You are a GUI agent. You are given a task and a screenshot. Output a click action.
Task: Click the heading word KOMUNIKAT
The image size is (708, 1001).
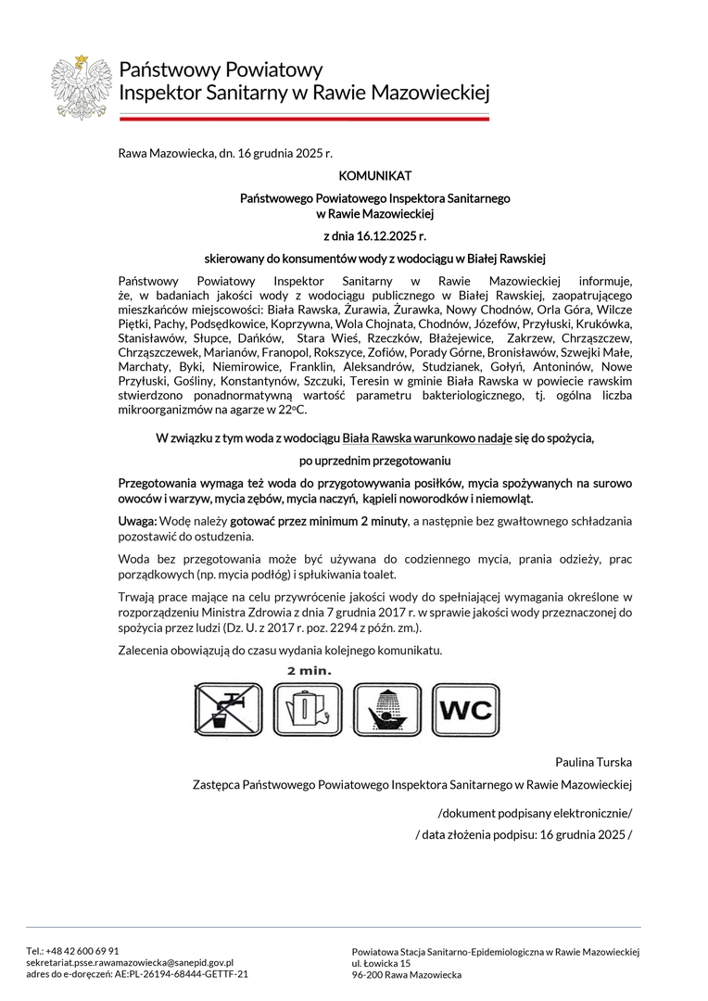374,175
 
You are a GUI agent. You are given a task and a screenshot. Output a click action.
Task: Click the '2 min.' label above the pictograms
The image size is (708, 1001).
309,670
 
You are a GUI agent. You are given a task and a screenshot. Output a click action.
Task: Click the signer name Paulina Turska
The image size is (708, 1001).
593,762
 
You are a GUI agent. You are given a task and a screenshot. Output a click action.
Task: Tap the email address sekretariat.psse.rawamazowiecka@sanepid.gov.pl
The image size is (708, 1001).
130,962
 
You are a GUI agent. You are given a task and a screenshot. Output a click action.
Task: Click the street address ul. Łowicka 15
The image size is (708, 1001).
381,963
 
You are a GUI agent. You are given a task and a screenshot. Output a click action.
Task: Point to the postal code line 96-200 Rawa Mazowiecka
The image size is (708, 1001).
407,975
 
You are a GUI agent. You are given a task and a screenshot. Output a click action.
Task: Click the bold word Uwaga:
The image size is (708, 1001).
138,522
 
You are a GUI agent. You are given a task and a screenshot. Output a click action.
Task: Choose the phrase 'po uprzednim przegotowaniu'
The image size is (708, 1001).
374,460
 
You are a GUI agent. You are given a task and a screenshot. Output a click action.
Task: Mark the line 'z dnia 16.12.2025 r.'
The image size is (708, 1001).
374,236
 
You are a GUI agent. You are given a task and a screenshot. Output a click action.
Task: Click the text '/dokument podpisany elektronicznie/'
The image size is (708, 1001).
535,814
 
